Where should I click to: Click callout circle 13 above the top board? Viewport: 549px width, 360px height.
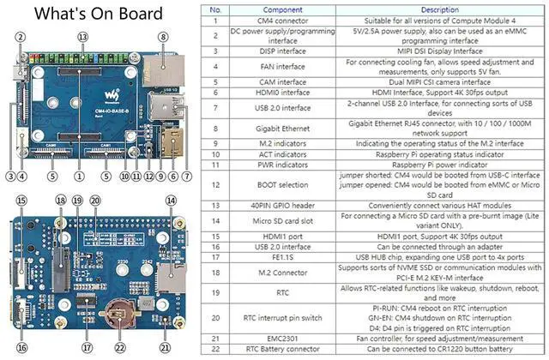coord(83,37)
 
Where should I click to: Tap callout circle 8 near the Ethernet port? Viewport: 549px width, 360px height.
coord(162,37)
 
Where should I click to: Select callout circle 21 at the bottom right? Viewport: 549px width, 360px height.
coord(166,350)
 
